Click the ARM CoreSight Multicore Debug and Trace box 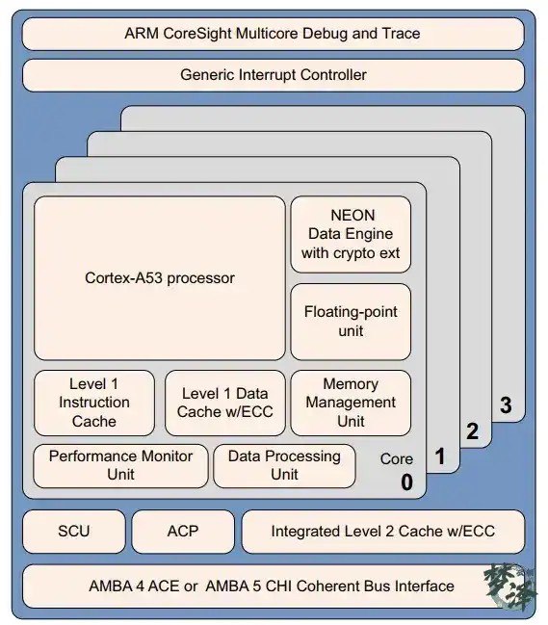pos(273,34)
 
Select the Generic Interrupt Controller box pos(273,75)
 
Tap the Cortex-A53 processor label pos(160,278)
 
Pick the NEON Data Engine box pos(351,234)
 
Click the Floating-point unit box pos(351,322)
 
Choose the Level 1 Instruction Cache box pos(94,403)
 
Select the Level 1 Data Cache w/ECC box pos(225,403)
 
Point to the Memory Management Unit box pos(351,403)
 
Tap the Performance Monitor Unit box pos(120,466)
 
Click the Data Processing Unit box pos(284,466)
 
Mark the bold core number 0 pos(407,482)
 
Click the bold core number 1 pos(439,456)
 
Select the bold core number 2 pos(472,431)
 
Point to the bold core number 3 pos(506,405)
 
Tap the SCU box pos(74,532)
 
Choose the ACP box pos(183,532)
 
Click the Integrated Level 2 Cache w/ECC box pos(383,532)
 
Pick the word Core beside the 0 pos(397,459)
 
